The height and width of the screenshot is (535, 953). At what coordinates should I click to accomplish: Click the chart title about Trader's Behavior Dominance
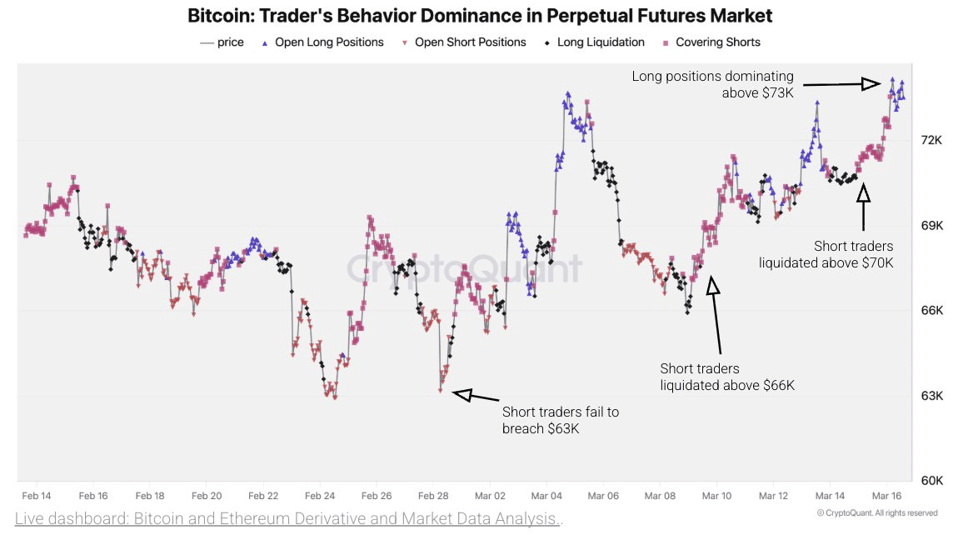(480, 15)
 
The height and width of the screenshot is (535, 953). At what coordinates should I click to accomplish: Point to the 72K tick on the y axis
(931, 140)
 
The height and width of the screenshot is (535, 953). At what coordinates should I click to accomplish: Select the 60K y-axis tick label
(931, 481)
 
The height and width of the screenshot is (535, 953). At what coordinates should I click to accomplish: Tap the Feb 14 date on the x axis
(36, 495)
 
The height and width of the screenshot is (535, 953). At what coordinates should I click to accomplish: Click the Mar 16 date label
(886, 495)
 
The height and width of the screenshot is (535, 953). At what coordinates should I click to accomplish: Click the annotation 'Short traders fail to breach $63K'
(560, 421)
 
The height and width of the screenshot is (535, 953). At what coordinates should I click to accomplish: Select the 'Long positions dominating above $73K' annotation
(712, 84)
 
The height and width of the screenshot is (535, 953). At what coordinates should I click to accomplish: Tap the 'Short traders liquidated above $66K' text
(726, 377)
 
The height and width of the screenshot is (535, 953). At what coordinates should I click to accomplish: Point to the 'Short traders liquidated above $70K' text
(826, 254)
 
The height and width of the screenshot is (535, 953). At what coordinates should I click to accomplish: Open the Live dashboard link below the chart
(288, 519)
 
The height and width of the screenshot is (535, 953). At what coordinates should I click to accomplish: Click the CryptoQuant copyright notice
(877, 512)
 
